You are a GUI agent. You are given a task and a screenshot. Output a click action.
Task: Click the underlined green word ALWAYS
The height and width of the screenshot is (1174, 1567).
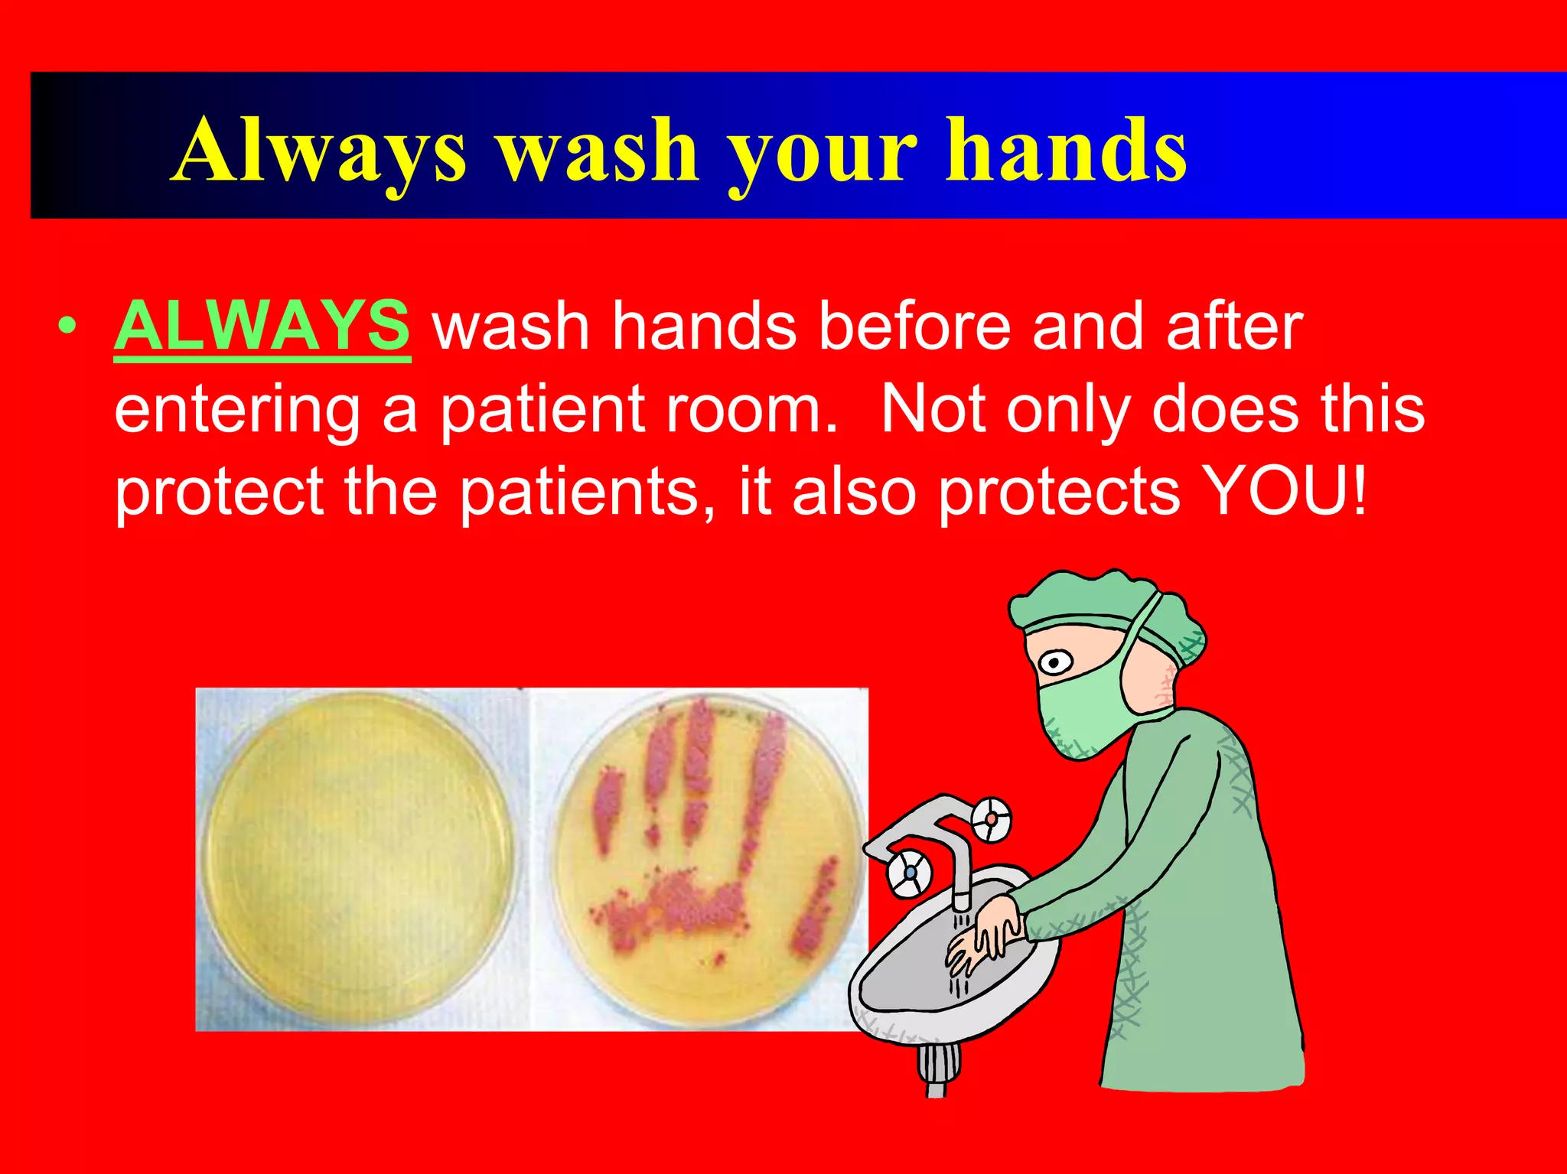click(262, 326)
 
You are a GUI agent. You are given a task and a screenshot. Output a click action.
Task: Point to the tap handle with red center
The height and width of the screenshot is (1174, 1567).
click(992, 819)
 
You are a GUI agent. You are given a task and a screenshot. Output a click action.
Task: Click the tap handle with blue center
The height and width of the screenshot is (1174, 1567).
click(910, 872)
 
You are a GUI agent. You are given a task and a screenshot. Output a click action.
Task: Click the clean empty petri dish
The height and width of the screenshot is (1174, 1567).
click(360, 857)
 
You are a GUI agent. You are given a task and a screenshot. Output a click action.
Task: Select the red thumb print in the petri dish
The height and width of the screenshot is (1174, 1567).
click(814, 910)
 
